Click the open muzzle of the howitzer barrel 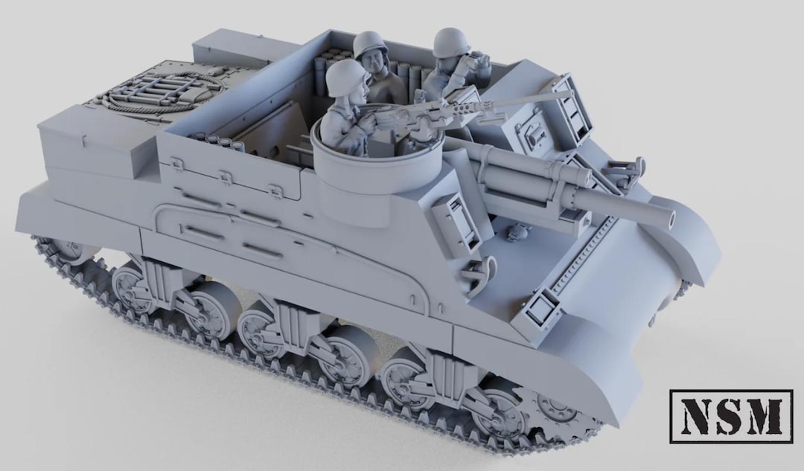[x=670, y=219]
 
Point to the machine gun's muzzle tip [x=572, y=93]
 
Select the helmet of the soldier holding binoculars [x=451, y=42]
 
